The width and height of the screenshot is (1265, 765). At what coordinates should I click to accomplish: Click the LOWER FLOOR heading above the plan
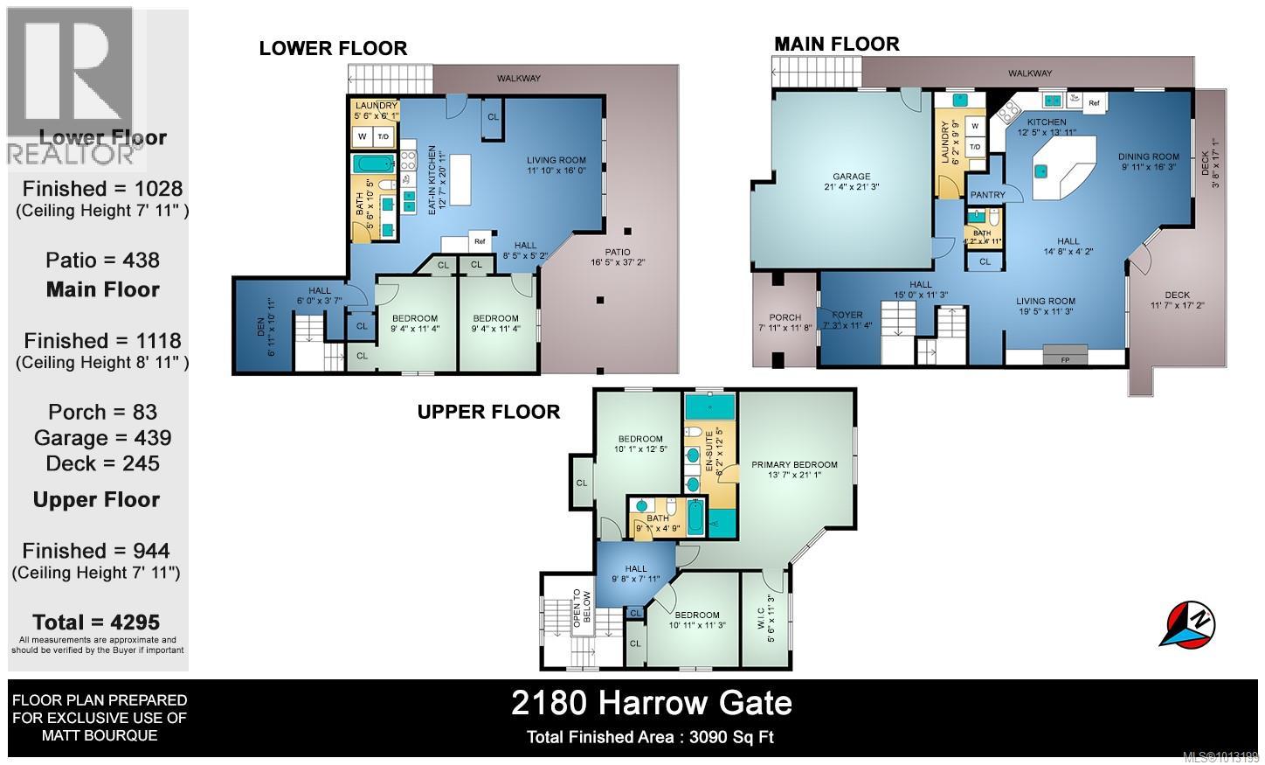pos(333,48)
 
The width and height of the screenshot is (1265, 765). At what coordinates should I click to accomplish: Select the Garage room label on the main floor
pos(851,177)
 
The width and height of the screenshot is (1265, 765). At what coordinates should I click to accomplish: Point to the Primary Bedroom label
pos(794,464)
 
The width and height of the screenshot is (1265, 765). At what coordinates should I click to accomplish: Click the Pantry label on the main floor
pos(987,195)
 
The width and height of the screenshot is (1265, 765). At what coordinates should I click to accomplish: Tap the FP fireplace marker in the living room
pos(1065,358)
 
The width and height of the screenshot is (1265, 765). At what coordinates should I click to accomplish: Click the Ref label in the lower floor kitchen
pos(480,241)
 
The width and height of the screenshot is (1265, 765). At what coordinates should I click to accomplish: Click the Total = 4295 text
pos(96,622)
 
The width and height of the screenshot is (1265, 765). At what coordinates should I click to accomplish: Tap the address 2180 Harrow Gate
pos(651,703)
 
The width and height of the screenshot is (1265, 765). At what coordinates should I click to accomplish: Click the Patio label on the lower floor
pos(619,252)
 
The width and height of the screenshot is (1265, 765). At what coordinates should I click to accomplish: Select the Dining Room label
pos(1149,157)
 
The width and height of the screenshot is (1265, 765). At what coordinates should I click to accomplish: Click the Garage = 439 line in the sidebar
pos(102,438)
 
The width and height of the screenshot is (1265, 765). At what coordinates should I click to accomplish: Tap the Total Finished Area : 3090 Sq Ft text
pos(650,737)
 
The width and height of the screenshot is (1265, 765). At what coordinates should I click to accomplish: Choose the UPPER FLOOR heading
pos(488,412)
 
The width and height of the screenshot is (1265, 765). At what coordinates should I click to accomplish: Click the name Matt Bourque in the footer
pos(100,735)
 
